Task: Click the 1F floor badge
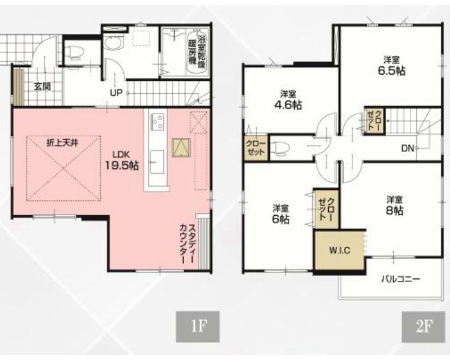(197, 327)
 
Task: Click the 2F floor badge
(423, 327)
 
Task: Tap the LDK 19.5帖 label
(122, 160)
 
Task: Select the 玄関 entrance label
(42, 86)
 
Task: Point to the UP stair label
(116, 93)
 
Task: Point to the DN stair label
(407, 149)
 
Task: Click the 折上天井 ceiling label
(62, 143)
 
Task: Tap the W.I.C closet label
(339, 250)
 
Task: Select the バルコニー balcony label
(401, 278)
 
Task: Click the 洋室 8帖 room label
(394, 206)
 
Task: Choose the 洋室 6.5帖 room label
(391, 66)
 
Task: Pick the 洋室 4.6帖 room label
(288, 100)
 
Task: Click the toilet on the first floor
(74, 52)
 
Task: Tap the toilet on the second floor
(280, 148)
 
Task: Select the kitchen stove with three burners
(157, 122)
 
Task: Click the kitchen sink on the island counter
(157, 161)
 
